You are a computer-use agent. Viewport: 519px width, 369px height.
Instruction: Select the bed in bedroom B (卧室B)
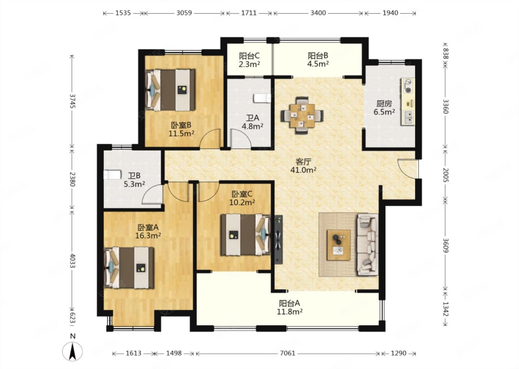(x=170, y=90)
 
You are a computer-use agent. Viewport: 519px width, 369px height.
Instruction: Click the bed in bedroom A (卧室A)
(x=129, y=267)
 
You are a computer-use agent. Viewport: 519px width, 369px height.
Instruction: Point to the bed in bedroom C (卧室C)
(x=245, y=235)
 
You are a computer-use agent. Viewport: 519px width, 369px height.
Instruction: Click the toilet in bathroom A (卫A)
(x=262, y=98)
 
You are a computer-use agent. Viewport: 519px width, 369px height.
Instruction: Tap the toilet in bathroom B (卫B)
(x=112, y=175)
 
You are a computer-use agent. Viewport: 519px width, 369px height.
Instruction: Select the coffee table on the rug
(x=338, y=245)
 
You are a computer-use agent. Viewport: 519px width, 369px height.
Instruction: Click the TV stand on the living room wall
(x=278, y=240)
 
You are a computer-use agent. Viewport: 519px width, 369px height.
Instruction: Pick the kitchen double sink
(x=408, y=118)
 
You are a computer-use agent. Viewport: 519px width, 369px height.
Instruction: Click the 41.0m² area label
(x=303, y=170)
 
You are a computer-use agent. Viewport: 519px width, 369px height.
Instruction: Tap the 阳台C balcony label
(x=249, y=56)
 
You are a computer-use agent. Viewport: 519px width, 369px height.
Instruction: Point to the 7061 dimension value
(x=288, y=353)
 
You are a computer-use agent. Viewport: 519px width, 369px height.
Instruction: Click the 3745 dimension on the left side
(x=72, y=101)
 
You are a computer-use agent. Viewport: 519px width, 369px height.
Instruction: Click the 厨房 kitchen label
(x=384, y=103)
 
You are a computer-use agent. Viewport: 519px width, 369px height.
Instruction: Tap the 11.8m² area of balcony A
(x=290, y=312)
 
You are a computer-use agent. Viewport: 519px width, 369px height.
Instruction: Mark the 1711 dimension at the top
(x=249, y=13)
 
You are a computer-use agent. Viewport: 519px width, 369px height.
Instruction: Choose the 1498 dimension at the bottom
(x=174, y=353)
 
